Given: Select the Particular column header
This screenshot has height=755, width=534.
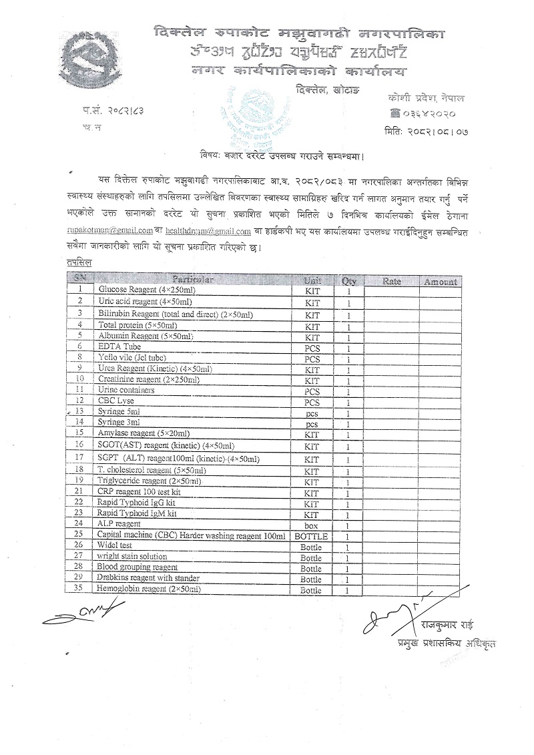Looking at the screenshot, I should (x=193, y=280).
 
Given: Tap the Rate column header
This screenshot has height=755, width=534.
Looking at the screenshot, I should (x=392, y=281).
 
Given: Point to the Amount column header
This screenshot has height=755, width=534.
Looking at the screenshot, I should (x=440, y=282).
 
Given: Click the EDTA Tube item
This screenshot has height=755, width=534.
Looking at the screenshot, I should (x=119, y=346).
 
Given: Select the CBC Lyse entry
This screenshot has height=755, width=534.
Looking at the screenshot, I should (x=116, y=401).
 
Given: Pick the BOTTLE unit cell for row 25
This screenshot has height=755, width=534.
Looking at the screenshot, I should (x=312, y=536).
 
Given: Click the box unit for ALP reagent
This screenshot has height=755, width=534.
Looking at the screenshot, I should (x=312, y=525).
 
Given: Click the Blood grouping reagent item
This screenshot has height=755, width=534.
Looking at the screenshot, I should (x=138, y=567).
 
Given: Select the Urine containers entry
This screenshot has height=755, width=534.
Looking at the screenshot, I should (x=126, y=390).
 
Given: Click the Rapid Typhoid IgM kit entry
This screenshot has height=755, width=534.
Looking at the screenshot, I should (x=137, y=513).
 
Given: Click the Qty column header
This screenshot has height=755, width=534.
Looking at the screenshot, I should (x=348, y=281).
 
